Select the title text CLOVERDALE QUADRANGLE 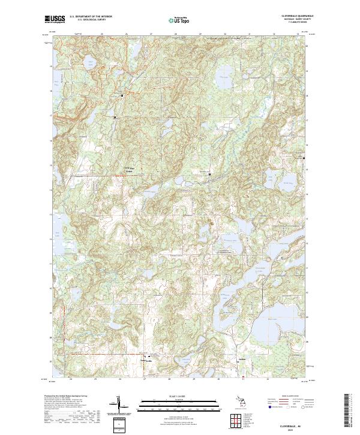(x=288, y=16)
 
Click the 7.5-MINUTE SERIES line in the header (x=288, y=24)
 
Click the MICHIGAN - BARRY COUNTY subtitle (x=288, y=20)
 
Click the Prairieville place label (x=146, y=360)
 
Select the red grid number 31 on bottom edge (x=244, y=379)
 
